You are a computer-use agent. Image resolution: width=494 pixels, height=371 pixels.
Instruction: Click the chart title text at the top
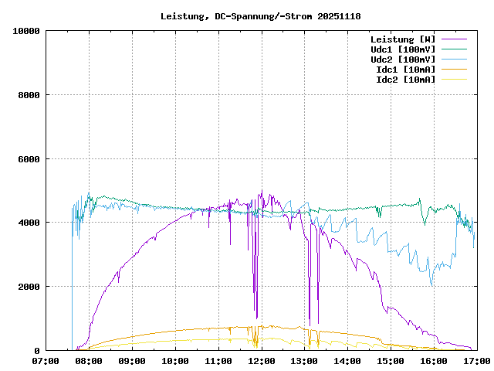pos(261,16)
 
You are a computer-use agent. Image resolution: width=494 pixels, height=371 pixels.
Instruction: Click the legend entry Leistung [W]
pos(402,39)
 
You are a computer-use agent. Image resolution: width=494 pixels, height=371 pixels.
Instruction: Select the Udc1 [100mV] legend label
pos(402,49)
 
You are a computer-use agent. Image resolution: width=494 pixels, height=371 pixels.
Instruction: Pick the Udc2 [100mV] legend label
pos(402,59)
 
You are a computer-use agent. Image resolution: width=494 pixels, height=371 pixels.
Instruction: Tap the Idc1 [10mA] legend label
pos(405,69)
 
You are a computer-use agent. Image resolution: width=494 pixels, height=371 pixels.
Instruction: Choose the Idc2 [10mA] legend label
pos(405,79)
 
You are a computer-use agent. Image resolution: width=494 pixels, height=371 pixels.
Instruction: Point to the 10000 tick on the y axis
pos(25,31)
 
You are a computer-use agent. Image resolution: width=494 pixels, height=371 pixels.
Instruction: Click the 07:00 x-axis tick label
pos(46,360)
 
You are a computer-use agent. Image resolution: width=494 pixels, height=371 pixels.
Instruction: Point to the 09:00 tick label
pos(132,360)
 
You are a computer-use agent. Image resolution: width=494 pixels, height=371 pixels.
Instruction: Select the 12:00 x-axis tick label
pos(262,360)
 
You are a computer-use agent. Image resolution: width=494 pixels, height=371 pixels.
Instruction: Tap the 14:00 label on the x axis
pos(347,360)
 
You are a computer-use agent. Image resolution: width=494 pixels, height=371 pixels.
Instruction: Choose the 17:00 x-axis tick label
pos(476,360)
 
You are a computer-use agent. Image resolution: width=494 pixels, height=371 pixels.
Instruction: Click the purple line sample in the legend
pos(454,39)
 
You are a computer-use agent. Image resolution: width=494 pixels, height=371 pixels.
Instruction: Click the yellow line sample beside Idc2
pos(454,79)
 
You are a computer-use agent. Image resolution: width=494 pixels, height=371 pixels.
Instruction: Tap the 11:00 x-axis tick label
pos(218,360)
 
